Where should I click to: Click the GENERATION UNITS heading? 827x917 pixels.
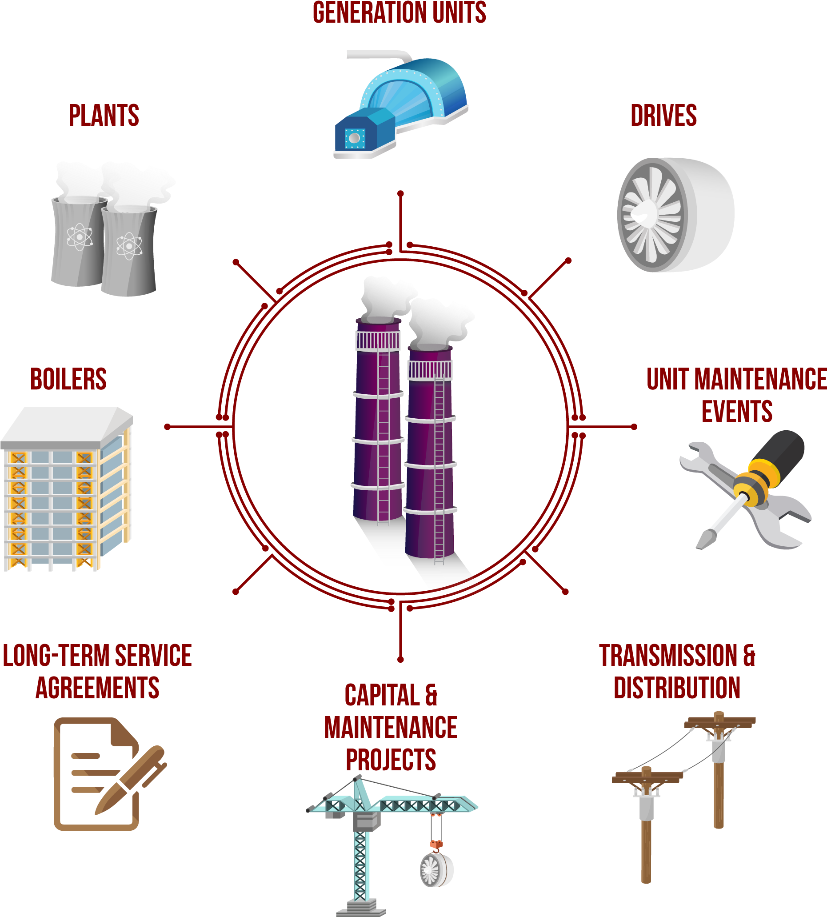pyautogui.click(x=400, y=13)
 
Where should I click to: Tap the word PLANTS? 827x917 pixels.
pyautogui.click(x=104, y=116)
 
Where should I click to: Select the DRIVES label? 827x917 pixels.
pyautogui.click(x=663, y=116)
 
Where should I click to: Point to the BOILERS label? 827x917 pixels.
pyautogui.click(x=68, y=379)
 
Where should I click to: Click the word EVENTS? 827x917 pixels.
pyautogui.click(x=737, y=412)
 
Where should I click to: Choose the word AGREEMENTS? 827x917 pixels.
pyautogui.click(x=97, y=688)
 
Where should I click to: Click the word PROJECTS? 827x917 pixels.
pyautogui.click(x=391, y=760)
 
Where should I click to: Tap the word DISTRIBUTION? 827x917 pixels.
pyautogui.click(x=677, y=688)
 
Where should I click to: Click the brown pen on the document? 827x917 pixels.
pyautogui.click(x=132, y=777)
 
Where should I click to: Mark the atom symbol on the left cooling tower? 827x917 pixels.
pyautogui.click(x=80, y=236)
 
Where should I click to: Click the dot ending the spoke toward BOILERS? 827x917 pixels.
pyautogui.click(x=168, y=427)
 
